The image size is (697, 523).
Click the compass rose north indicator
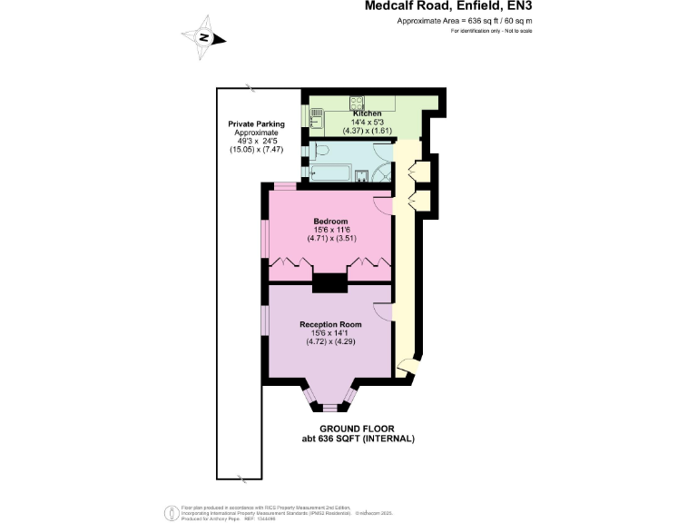point(205,37)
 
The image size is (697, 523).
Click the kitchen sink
point(316,117)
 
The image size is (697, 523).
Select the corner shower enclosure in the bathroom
point(386,172)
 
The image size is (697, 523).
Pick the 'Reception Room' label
point(330,324)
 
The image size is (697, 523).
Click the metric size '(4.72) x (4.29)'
point(330,343)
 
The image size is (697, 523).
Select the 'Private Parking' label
point(256,123)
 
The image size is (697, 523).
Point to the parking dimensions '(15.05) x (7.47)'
point(256,149)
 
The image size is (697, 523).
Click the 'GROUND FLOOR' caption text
point(358,429)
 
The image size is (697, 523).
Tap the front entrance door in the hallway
point(407,368)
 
